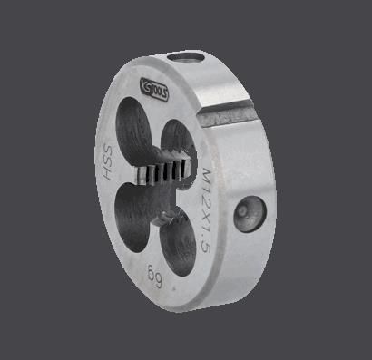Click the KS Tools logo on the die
154,89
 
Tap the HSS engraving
108,161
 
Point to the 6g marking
154,277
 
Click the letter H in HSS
107,175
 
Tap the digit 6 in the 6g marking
151,272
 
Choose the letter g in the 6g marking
158,281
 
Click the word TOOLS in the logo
159,92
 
